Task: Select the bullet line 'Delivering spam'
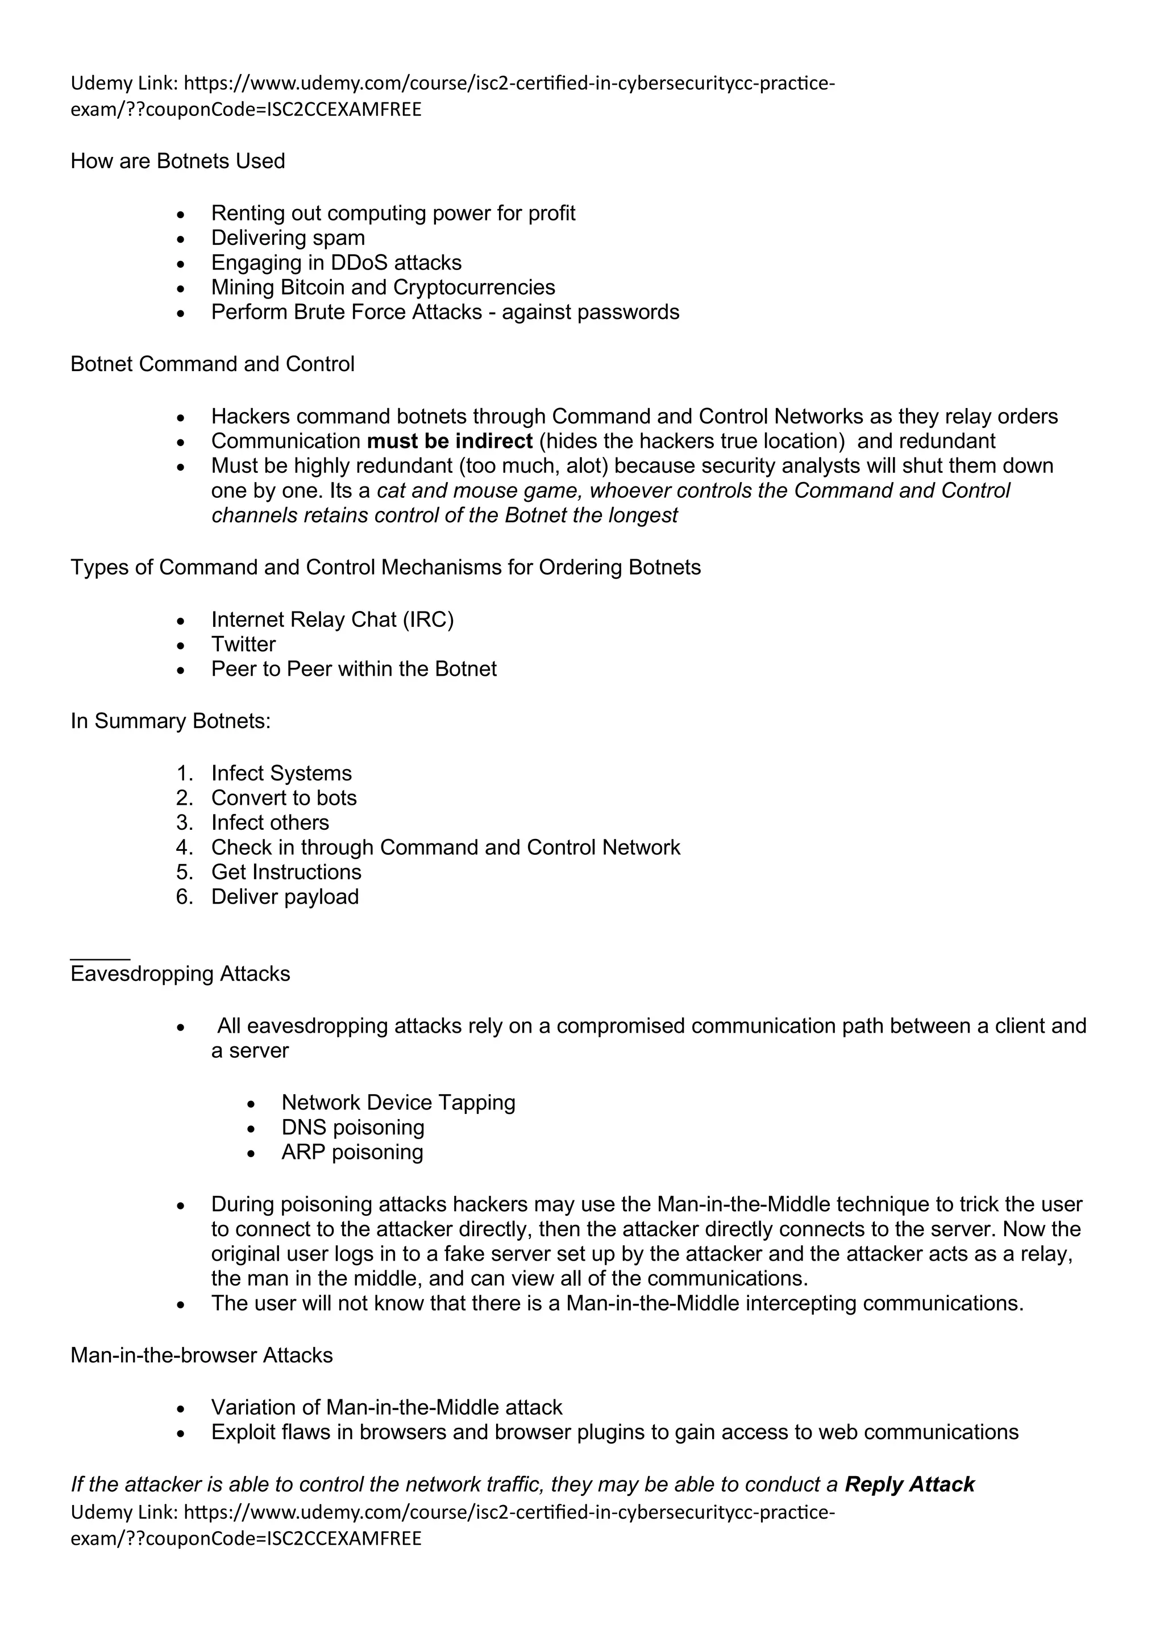[x=288, y=238]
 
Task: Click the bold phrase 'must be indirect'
[x=450, y=441]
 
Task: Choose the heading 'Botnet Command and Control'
[x=212, y=364]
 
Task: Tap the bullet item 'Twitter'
[x=243, y=645]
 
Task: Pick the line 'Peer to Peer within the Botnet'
[x=354, y=669]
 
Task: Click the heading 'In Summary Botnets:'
[x=171, y=721]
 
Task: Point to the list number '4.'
[x=184, y=847]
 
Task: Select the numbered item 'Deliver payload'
[x=285, y=897]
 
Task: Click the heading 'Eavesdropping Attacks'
[x=180, y=974]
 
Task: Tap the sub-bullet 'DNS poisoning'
[x=352, y=1128]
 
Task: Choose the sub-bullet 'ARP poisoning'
[x=352, y=1152]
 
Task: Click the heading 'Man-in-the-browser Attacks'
[x=201, y=1356]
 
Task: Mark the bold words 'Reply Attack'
[x=909, y=1485]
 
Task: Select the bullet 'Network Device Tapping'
[x=398, y=1103]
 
